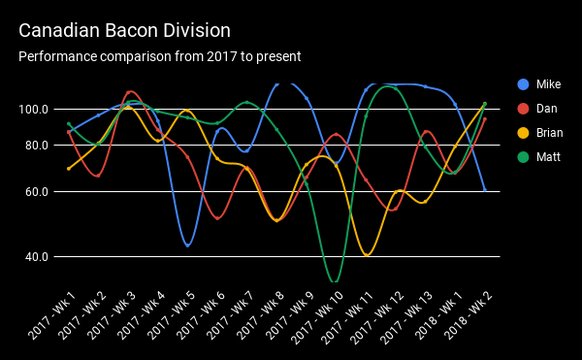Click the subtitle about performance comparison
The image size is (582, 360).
(x=160, y=56)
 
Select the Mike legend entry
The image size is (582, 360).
(x=548, y=84)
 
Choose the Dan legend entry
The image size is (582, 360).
(x=547, y=108)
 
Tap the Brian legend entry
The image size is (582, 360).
(x=550, y=132)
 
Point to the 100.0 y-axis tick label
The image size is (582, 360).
(x=35, y=109)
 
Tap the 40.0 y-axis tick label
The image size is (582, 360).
(x=37, y=257)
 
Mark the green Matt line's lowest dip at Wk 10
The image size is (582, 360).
(x=335, y=281)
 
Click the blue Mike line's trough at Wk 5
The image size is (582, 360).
(x=187, y=246)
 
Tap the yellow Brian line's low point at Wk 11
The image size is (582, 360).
(x=366, y=255)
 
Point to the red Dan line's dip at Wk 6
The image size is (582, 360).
(x=217, y=218)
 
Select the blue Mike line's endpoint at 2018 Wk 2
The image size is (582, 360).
(x=485, y=190)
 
